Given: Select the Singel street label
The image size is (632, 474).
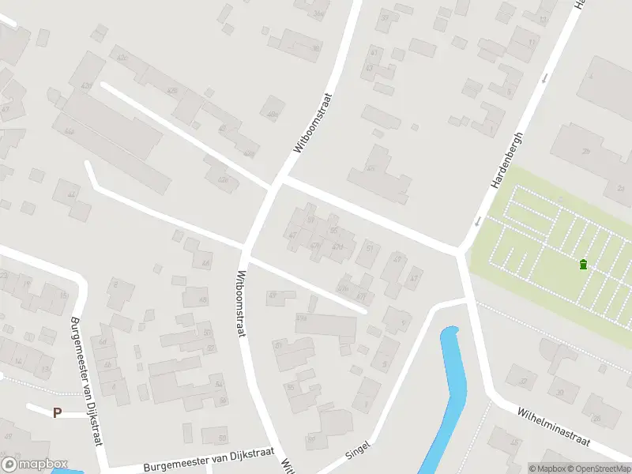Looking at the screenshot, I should point(357,451).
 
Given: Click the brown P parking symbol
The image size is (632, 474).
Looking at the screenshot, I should point(57,412).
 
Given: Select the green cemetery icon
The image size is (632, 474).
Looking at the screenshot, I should point(583,264).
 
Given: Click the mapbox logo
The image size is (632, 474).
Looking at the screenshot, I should point(35,465).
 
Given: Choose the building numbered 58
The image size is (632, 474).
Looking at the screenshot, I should point(214,435).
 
